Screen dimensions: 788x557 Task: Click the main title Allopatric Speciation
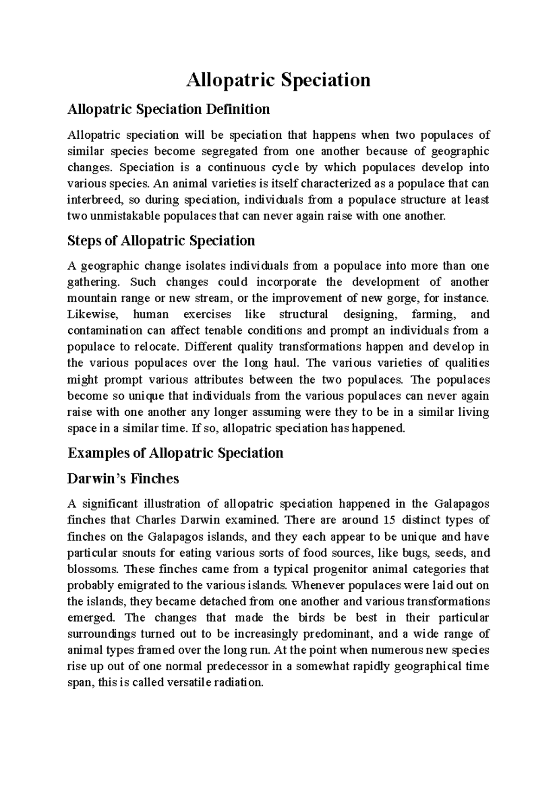pos(278,80)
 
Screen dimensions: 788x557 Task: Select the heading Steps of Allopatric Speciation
pos(161,241)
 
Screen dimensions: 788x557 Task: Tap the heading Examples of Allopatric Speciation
pos(175,453)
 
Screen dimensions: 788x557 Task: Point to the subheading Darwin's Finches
pos(123,478)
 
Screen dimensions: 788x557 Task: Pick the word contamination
pos(105,331)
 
